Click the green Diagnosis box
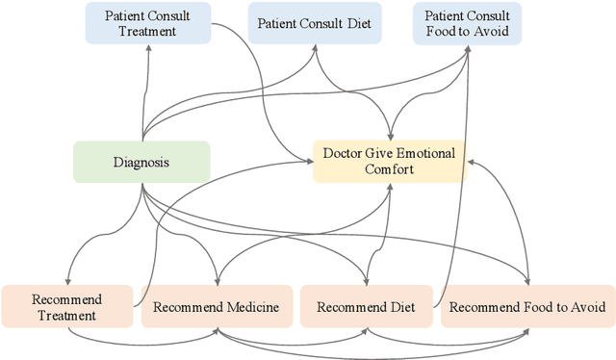(141, 162)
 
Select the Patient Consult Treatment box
(146, 23)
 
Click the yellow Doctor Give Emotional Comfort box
(389, 161)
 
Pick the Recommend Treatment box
(65, 307)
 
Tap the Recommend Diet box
(366, 307)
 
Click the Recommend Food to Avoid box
(526, 307)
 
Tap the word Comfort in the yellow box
(389, 170)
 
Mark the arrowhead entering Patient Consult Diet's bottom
(317, 47)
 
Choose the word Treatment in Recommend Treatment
(66, 315)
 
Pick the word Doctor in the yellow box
(344, 152)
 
